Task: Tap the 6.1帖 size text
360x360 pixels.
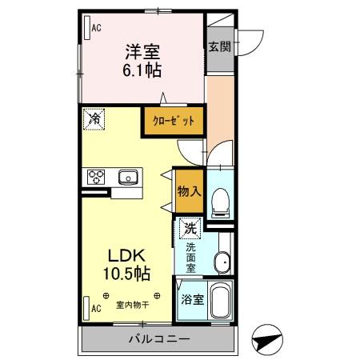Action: (x=142, y=70)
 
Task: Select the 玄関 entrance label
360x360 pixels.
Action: (x=220, y=46)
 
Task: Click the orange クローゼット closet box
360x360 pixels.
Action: (x=174, y=121)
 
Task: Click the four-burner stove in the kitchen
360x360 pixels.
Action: (x=96, y=176)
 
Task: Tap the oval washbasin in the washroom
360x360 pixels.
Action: (x=223, y=261)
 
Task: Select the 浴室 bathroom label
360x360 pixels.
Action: (x=192, y=301)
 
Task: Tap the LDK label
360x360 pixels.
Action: (x=126, y=255)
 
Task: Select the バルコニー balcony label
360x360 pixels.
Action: (x=159, y=338)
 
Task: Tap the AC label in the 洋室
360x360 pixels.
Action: (x=95, y=28)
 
